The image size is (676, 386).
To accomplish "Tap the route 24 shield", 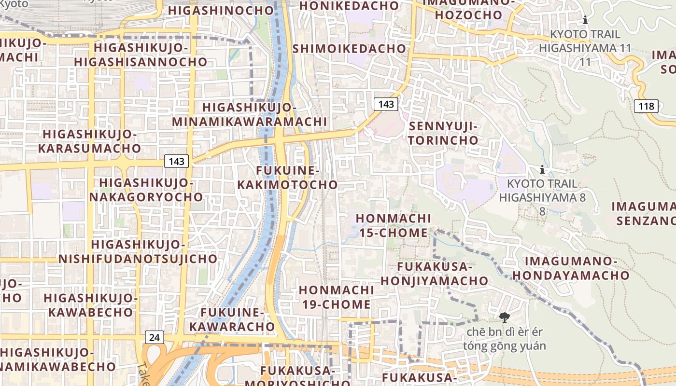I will (x=154, y=337).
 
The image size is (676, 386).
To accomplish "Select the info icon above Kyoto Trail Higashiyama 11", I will (x=585, y=20).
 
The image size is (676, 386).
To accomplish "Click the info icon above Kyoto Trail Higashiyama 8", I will (x=542, y=169).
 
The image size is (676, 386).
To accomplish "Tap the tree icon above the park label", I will (x=505, y=317).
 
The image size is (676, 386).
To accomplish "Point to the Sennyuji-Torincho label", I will (x=444, y=133).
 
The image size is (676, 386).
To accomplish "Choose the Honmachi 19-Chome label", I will (x=336, y=297).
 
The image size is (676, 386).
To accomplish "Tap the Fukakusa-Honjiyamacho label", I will (x=435, y=274).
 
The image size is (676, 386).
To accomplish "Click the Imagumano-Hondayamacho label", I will (x=571, y=268).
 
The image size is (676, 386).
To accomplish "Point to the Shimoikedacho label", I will (x=349, y=48).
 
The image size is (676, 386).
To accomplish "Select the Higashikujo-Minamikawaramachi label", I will (x=249, y=114).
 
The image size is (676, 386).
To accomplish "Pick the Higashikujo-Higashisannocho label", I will (x=141, y=55).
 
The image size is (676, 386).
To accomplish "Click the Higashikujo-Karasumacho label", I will (x=89, y=141).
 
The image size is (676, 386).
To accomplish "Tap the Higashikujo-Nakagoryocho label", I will (x=146, y=190).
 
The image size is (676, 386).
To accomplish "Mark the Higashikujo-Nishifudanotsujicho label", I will (x=138, y=251).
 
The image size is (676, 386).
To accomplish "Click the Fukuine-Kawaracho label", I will (x=232, y=319).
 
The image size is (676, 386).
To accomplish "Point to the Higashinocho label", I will (x=221, y=10).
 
